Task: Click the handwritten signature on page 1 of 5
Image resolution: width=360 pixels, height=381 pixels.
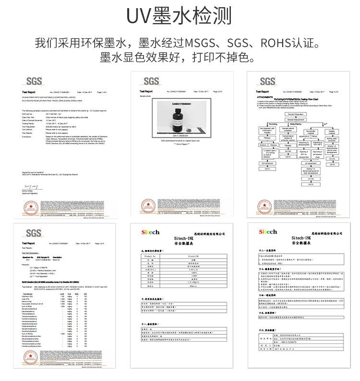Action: click(30, 185)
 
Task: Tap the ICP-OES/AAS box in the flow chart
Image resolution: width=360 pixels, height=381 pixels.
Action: click(268, 164)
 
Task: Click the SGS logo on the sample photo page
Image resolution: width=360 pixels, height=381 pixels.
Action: click(151, 80)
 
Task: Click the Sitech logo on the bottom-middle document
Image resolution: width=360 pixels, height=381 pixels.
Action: click(149, 232)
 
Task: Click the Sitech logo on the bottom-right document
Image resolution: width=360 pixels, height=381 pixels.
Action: click(268, 232)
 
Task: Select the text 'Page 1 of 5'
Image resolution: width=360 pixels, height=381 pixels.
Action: click(102, 91)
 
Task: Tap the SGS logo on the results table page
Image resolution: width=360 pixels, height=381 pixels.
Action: click(34, 233)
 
